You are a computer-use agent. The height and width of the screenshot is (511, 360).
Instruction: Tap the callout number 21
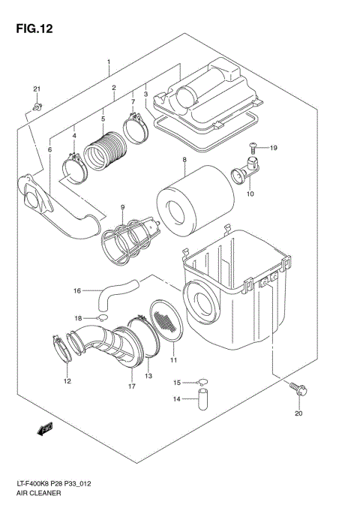tap(35, 91)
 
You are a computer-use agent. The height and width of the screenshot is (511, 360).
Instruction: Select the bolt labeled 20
tap(300, 389)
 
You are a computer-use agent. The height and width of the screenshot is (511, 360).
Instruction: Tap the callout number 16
tap(76, 290)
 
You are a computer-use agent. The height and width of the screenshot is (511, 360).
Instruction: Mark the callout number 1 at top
tap(108, 62)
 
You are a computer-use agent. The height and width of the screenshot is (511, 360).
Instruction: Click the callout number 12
tap(67, 381)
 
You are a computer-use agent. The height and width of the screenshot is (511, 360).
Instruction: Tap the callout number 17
tap(131, 386)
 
